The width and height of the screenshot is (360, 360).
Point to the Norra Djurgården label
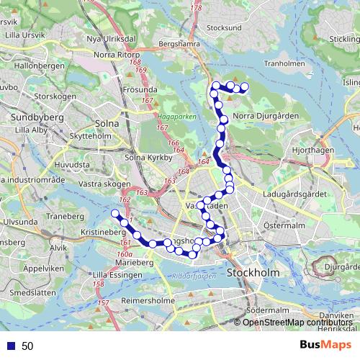click(262, 114)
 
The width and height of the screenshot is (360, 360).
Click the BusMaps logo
click(326, 346)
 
